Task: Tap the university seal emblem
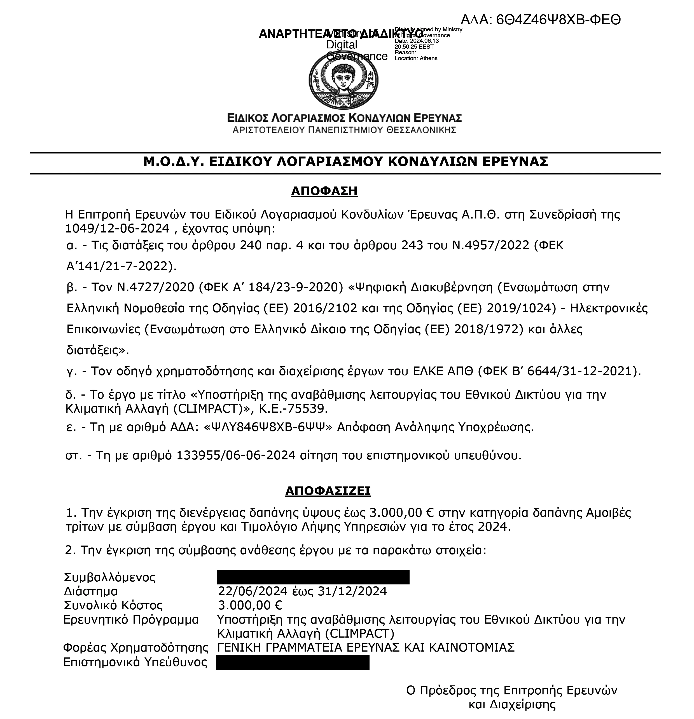[343, 80]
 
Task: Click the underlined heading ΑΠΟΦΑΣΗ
[324, 191]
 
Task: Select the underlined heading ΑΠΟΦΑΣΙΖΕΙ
[328, 490]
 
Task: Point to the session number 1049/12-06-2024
[117, 229]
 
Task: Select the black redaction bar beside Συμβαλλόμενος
[313, 577]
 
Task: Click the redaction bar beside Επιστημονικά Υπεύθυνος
[293, 662]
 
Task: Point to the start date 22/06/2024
[253, 591]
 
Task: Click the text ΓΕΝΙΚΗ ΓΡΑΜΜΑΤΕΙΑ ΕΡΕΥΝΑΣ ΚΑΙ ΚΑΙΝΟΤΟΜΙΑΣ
[366, 647]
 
